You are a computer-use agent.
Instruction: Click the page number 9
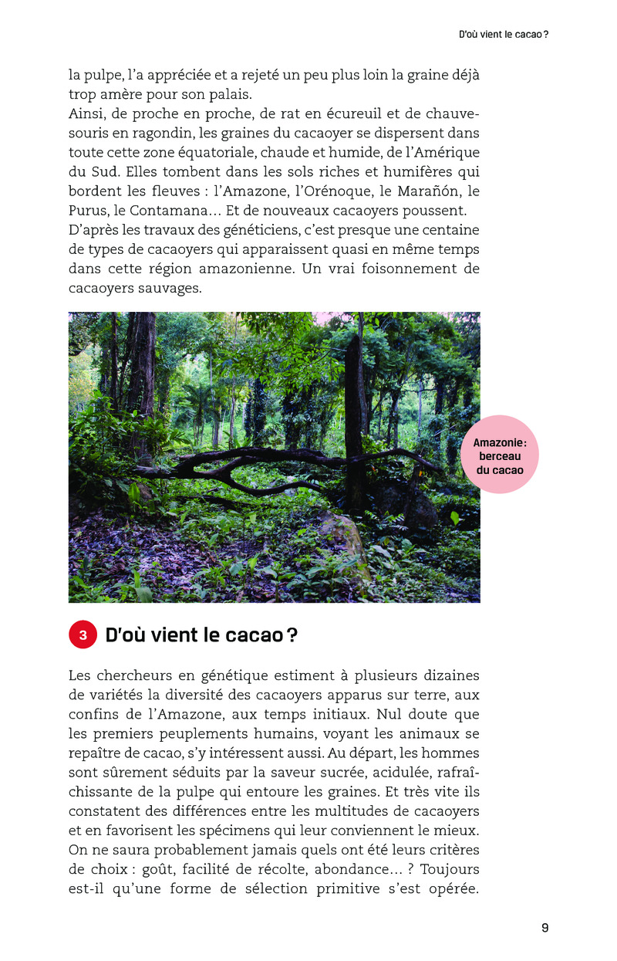(545, 928)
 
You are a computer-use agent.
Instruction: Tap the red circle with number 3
(83, 635)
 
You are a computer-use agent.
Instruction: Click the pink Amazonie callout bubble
(499, 454)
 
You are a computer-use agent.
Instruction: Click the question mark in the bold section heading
(292, 635)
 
